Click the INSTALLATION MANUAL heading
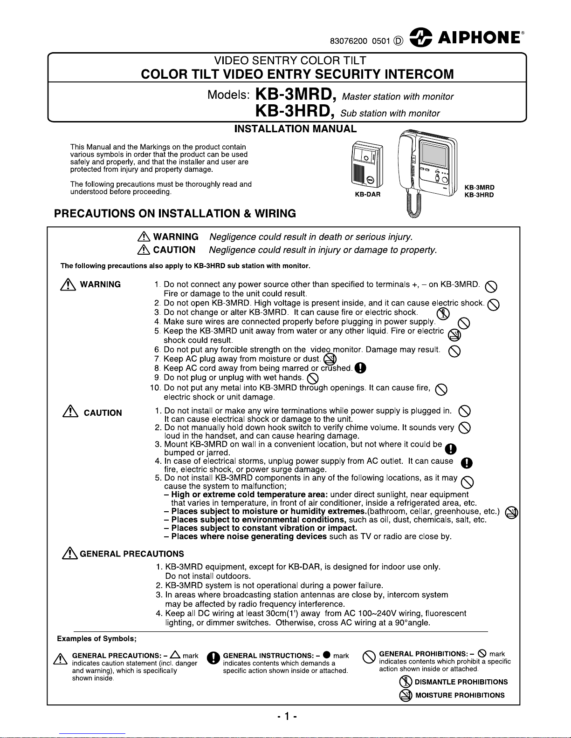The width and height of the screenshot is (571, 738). tap(295, 129)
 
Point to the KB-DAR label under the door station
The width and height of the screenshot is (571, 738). tap(368, 195)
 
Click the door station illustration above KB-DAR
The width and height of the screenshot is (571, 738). tap(366, 165)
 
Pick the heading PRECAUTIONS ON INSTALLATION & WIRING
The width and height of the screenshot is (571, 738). tap(175, 214)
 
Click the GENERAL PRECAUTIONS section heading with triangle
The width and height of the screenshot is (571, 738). tap(124, 554)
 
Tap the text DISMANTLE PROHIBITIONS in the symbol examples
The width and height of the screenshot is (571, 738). tap(461, 682)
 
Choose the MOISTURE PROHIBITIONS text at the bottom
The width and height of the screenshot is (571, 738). tap(460, 695)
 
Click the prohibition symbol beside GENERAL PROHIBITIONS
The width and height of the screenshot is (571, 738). tap(369, 657)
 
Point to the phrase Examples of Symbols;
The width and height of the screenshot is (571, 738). tap(96, 638)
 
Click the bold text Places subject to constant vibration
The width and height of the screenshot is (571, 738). tap(264, 528)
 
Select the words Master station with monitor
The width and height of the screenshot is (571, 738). tap(398, 97)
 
